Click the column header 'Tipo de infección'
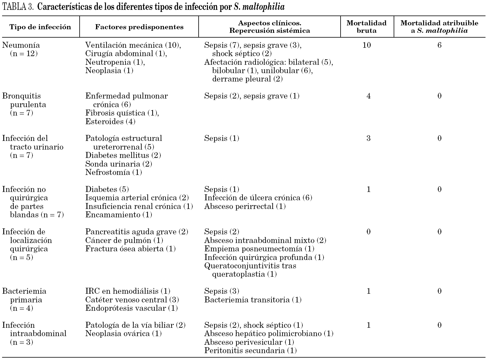(40, 27)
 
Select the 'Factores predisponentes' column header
(139, 27)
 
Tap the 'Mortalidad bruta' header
(367, 27)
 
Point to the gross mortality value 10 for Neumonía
(367, 45)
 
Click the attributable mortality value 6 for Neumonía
(439, 45)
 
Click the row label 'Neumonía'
(21, 45)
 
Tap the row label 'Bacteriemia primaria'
(24, 291)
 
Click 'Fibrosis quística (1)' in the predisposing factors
(122, 113)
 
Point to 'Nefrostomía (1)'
(113, 173)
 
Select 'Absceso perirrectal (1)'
(245, 207)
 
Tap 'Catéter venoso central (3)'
(132, 300)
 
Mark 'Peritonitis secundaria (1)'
(251, 351)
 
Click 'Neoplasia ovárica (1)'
(123, 334)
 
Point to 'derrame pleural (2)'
(247, 79)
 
